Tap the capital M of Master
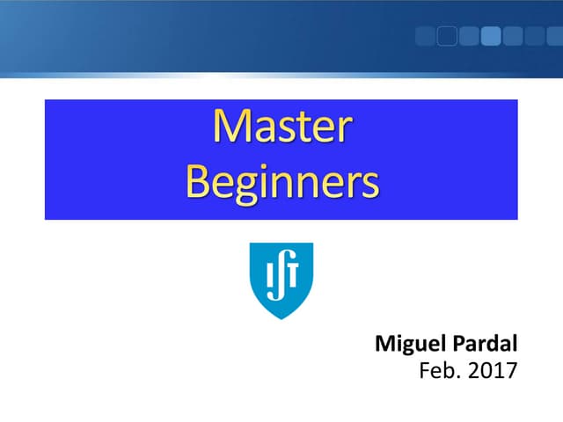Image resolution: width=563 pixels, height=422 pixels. tap(231, 128)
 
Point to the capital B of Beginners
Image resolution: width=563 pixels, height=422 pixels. tap(199, 182)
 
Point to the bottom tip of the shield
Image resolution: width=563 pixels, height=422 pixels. tap(281, 316)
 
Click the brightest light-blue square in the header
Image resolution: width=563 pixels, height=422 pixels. tap(491, 36)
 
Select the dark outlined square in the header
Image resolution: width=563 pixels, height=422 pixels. tap(447, 36)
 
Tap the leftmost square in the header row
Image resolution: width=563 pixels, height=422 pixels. tap(425, 36)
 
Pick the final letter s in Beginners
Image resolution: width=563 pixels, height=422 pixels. tap(370, 185)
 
